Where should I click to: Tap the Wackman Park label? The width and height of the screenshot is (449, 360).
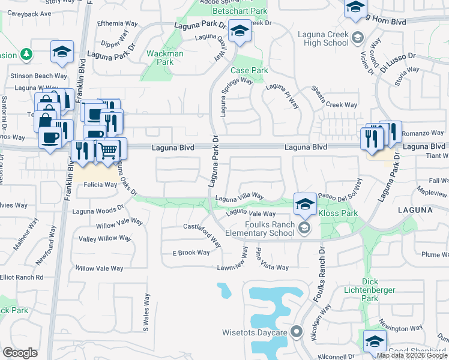(164, 58)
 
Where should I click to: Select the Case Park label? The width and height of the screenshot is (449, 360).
(249, 70)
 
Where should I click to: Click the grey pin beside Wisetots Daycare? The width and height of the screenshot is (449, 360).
(295, 332)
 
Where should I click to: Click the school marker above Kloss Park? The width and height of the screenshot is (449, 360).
(305, 204)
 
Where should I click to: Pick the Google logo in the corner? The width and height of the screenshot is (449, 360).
(20, 353)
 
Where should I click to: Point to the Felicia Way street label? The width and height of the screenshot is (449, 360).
(100, 185)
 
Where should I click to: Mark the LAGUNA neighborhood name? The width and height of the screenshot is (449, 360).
(414, 211)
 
